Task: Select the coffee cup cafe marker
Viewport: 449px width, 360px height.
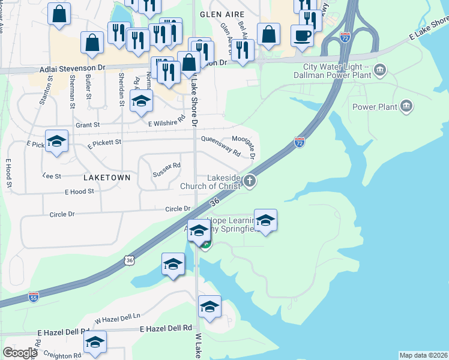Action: pos(302,35)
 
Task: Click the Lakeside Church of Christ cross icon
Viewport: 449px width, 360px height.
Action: pos(250,180)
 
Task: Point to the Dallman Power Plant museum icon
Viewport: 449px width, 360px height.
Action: pos(380,71)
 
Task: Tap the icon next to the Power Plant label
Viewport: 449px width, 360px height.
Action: pos(406,107)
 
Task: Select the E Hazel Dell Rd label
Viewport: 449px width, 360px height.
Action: pos(166,329)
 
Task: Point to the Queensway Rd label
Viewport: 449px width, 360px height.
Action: pos(220,146)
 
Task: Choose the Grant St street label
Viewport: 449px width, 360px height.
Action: pos(87,125)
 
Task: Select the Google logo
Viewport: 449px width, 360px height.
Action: pos(20,352)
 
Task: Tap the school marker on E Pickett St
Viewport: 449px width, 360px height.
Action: pos(56,142)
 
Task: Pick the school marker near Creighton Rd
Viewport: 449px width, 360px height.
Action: pos(95,343)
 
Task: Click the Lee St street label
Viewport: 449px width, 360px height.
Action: pos(52,176)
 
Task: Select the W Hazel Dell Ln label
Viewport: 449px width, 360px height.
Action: pos(117,318)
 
